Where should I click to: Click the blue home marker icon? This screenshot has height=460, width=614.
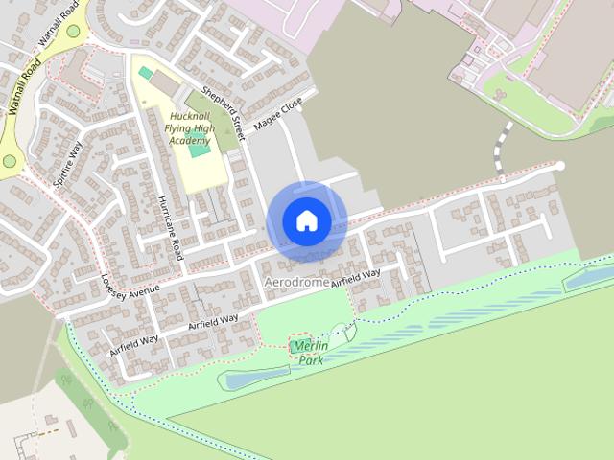click(x=307, y=221)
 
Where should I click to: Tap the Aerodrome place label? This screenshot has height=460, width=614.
click(x=296, y=283)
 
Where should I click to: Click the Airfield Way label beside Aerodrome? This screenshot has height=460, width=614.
click(x=356, y=279)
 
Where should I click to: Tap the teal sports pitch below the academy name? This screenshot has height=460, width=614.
click(x=200, y=147)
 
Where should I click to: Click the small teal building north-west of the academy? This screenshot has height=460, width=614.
click(x=146, y=73)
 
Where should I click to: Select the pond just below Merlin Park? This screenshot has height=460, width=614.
click(x=254, y=378)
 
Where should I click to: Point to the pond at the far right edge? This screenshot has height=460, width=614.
click(x=588, y=278)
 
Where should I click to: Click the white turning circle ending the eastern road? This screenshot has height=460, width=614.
click(x=560, y=167)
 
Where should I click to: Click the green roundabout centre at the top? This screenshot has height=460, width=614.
click(x=73, y=31)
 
